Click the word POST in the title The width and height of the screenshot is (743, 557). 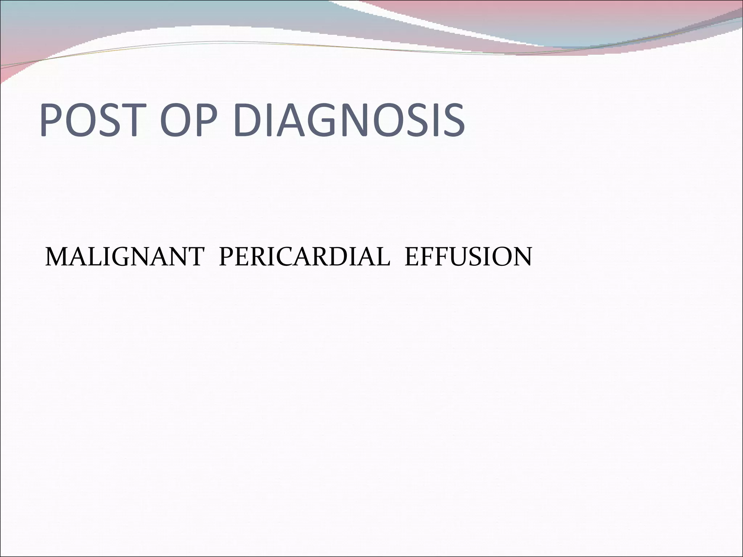[89, 120]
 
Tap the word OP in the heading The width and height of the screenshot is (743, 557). [184, 120]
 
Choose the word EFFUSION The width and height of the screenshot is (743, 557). [468, 257]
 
